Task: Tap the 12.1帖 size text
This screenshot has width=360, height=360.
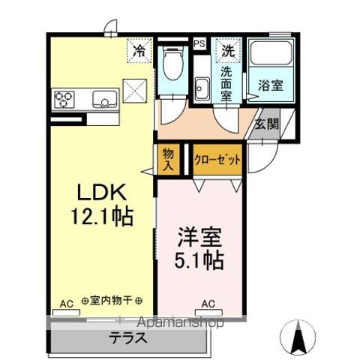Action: (103, 217)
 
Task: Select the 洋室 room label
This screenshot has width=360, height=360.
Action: (199, 236)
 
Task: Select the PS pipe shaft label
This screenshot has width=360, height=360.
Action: (199, 44)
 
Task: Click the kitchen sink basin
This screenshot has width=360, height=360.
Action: (103, 97)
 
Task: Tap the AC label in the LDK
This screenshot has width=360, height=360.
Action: (66, 304)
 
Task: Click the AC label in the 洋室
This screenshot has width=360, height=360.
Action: (208, 304)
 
